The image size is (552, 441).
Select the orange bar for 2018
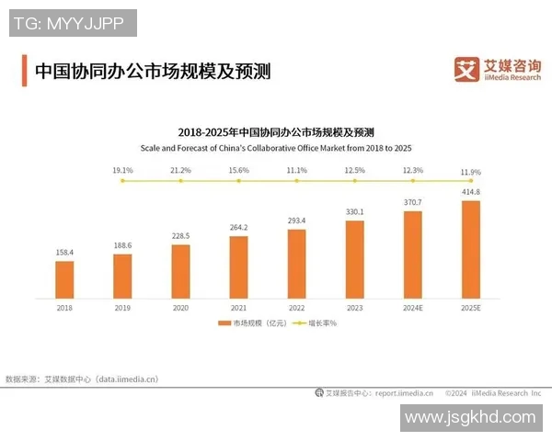(64, 280)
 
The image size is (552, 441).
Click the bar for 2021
(239, 267)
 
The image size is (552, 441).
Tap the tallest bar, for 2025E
(471, 249)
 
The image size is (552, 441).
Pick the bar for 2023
(355, 260)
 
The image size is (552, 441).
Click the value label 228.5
(180, 236)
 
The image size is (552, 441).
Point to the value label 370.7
(413, 201)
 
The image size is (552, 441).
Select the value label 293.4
(297, 220)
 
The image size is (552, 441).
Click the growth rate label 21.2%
(180, 170)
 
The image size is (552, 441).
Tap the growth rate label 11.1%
(297, 170)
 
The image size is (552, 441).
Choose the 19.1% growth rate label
(122, 170)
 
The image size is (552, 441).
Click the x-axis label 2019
(122, 309)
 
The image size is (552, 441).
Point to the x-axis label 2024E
(413, 309)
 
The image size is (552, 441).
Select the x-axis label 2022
(297, 309)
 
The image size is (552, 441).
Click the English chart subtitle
(275, 147)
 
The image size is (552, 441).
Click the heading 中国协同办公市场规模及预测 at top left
(152, 71)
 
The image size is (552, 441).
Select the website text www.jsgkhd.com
(469, 417)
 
